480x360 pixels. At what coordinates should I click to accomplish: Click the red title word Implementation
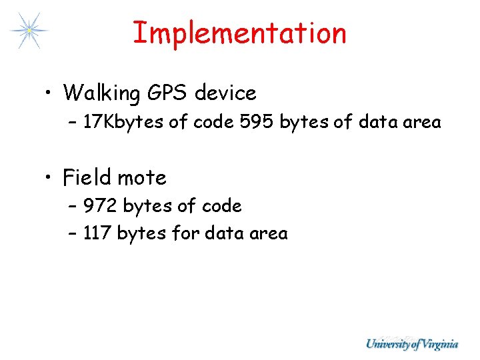(x=239, y=33)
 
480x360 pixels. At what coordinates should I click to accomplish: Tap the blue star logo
(x=29, y=31)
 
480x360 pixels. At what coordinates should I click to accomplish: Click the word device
(x=225, y=93)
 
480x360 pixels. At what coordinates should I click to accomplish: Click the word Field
(x=87, y=177)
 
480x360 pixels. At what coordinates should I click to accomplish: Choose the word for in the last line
(x=185, y=233)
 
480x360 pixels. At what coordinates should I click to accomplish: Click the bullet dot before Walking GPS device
(x=49, y=94)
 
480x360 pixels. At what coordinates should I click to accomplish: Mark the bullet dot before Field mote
(x=49, y=179)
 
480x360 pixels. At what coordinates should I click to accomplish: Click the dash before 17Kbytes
(x=73, y=123)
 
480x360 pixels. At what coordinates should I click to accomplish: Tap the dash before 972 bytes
(x=73, y=207)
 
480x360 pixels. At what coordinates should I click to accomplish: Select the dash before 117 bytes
(x=73, y=234)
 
